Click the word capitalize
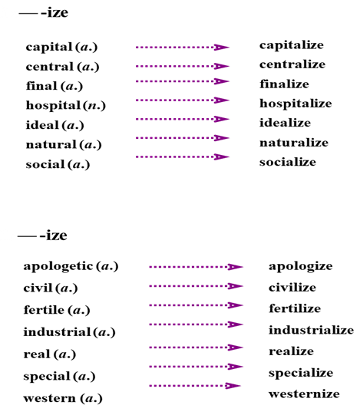pos(292,45)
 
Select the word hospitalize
pos(296,104)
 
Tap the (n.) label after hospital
pos(94,106)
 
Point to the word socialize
pos(288,162)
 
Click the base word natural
pos(51,144)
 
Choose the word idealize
pos(285,123)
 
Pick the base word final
pos(41,86)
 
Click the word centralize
pos(292,64)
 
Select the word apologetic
pos(58,266)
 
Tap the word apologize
pos(301,266)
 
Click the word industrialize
pos(312,330)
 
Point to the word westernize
pos(304,394)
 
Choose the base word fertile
pos(44,310)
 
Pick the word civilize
pos(292,288)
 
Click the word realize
pos(291,351)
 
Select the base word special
pos(47,377)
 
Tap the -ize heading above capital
pos(54,12)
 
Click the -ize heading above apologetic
pos(54,235)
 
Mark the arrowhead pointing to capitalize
pos(222,47)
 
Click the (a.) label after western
pos(91,398)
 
